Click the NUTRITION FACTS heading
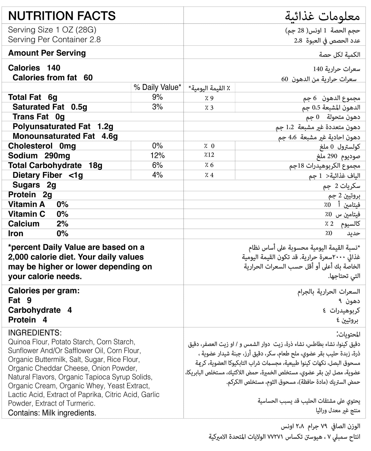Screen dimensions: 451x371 (x=62, y=16)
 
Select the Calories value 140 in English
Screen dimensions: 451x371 (x=53, y=68)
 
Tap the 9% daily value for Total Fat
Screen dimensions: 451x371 (x=157, y=97)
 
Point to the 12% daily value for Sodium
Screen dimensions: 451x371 (x=157, y=156)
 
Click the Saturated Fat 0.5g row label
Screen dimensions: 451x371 (x=50, y=107)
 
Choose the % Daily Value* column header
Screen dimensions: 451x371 (x=157, y=87)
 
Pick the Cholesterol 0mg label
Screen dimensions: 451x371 (x=42, y=146)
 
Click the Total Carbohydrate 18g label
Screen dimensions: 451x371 (x=55, y=165)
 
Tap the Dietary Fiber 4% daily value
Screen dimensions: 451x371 (x=157, y=175)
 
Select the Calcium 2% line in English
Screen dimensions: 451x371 (x=38, y=224)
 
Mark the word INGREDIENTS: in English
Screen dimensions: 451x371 (x=35, y=333)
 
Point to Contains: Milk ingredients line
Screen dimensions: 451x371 (x=52, y=413)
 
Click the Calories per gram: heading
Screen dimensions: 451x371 (x=44, y=291)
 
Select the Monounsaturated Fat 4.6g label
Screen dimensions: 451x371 (x=65, y=136)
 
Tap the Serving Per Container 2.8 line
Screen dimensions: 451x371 (x=54, y=40)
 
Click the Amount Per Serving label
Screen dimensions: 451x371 (x=47, y=53)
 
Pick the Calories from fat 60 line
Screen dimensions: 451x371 (x=52, y=78)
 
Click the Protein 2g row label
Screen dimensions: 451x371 (x=30, y=195)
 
